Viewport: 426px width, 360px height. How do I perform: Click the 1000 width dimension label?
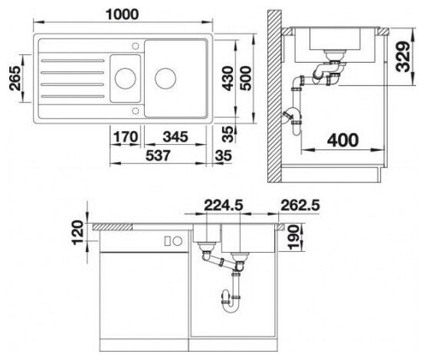pos(123,15)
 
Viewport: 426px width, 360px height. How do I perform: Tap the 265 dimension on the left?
pos(15,78)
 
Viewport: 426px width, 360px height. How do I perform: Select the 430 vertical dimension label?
pos(228,78)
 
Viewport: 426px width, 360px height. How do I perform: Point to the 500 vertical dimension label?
pos(246,78)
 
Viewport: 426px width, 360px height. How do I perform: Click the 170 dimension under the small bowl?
pos(125,136)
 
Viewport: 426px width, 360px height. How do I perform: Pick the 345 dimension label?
pos(175,136)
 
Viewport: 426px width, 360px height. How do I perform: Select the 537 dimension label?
pos(158,155)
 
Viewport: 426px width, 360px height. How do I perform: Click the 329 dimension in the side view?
pos(403,57)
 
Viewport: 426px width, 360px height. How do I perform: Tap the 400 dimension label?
pos(342,140)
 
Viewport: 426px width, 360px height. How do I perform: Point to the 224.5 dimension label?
pos(223,205)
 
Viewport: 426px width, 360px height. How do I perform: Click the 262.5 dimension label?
pos(300,205)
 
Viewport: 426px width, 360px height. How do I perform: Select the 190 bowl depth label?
pos(293,237)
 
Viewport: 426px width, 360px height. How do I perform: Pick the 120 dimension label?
pos(78,233)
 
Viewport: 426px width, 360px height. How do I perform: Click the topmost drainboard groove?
pos(73,61)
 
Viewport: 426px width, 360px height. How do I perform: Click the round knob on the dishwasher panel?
pos(178,241)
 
